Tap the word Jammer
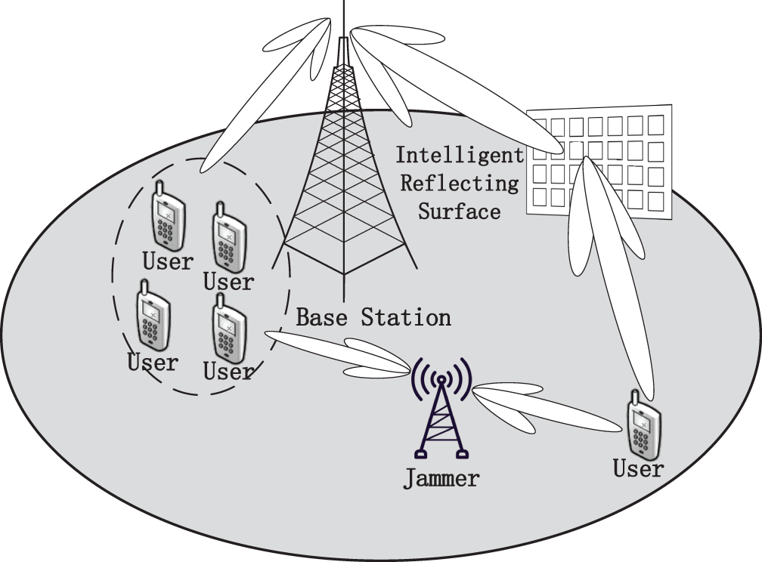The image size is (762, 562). point(441,478)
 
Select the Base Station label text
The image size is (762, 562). point(373,317)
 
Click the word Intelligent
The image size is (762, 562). point(460,156)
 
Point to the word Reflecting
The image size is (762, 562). point(460,183)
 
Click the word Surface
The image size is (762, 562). point(460,210)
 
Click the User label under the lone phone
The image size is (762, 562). point(638,469)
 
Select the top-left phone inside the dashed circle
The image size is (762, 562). point(167,216)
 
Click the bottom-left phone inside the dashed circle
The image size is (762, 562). point(153,316)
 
